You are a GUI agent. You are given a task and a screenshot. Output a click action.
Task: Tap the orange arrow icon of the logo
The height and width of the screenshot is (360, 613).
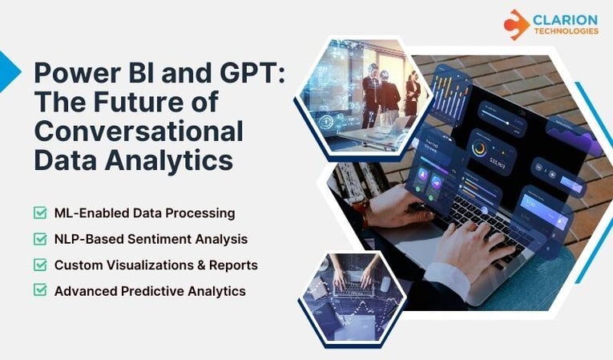click(x=516, y=24)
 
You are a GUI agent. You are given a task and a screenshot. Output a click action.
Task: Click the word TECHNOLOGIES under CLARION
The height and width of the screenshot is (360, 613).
click(x=565, y=31)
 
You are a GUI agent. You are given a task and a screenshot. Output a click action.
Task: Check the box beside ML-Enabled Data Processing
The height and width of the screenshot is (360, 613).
click(x=40, y=212)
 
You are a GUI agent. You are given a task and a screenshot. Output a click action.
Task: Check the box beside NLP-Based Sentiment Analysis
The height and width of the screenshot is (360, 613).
click(x=40, y=238)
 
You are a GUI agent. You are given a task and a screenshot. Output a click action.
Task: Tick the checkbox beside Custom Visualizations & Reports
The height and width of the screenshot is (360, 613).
click(x=40, y=264)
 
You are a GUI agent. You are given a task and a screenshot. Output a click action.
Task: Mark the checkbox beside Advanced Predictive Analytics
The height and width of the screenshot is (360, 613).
click(x=40, y=289)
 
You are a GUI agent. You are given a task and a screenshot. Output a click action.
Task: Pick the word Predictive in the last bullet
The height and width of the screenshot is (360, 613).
click(x=147, y=289)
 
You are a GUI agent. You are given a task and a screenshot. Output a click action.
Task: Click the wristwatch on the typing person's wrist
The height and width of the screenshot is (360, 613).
click(x=365, y=210)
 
